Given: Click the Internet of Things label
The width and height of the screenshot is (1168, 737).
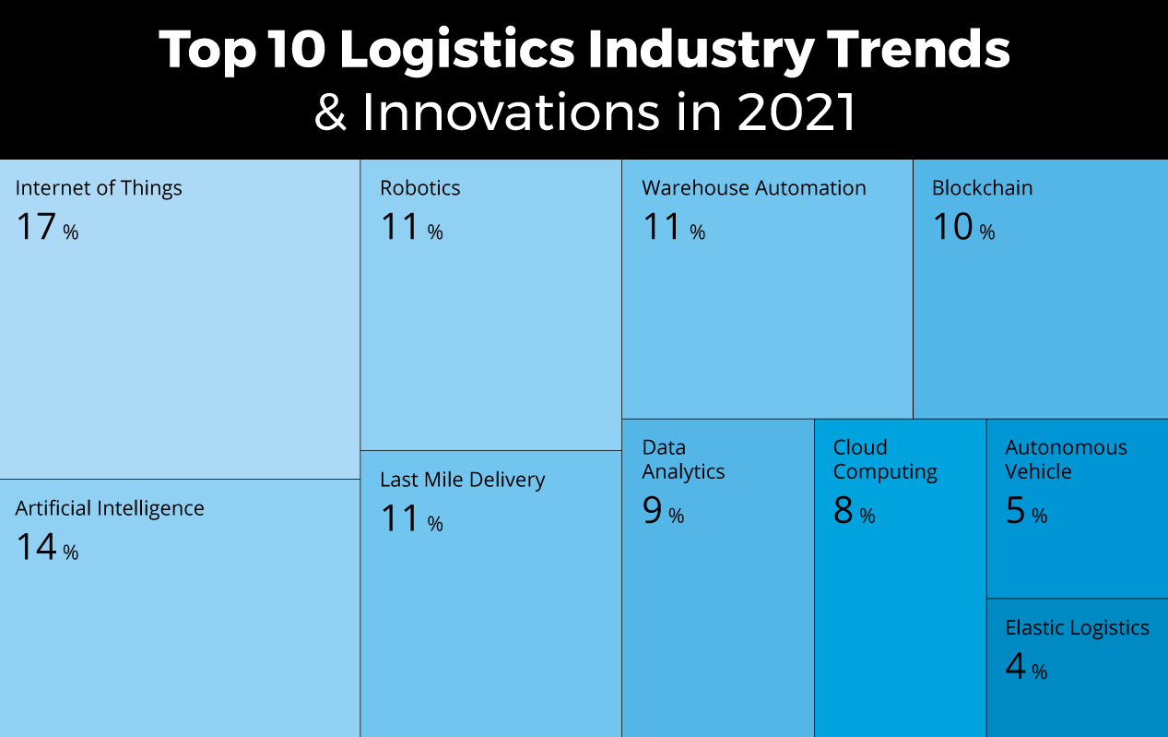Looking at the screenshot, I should point(99,188).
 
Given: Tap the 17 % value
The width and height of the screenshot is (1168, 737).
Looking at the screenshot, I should point(46,227).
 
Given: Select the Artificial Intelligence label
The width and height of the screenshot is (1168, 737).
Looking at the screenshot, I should point(110,508).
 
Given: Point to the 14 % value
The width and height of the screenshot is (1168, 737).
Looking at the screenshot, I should point(46,548).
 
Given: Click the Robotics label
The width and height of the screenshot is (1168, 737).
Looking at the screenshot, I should point(419,188).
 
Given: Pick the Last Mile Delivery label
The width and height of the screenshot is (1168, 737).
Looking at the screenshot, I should point(462,480).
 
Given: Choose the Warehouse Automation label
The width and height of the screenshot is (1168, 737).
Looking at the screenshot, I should point(753,188).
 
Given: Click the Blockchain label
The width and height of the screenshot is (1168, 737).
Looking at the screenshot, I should point(982,188).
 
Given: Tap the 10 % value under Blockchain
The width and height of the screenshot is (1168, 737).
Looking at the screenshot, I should point(963,227).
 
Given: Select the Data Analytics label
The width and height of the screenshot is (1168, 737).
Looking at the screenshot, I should point(683,459).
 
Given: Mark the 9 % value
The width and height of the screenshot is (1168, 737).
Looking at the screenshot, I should point(663,511).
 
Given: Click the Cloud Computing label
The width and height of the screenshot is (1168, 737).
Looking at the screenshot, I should point(885,459).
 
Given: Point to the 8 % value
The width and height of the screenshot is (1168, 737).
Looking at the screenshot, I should point(854,511).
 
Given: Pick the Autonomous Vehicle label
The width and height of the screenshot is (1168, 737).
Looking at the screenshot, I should point(1066,459).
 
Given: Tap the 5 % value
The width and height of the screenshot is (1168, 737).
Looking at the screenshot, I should point(1025,511).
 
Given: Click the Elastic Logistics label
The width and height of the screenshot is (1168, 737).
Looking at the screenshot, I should point(1077,628).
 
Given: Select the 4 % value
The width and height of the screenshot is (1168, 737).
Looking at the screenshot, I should point(1025,667).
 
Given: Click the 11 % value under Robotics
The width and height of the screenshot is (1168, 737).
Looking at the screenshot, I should point(411,227).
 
